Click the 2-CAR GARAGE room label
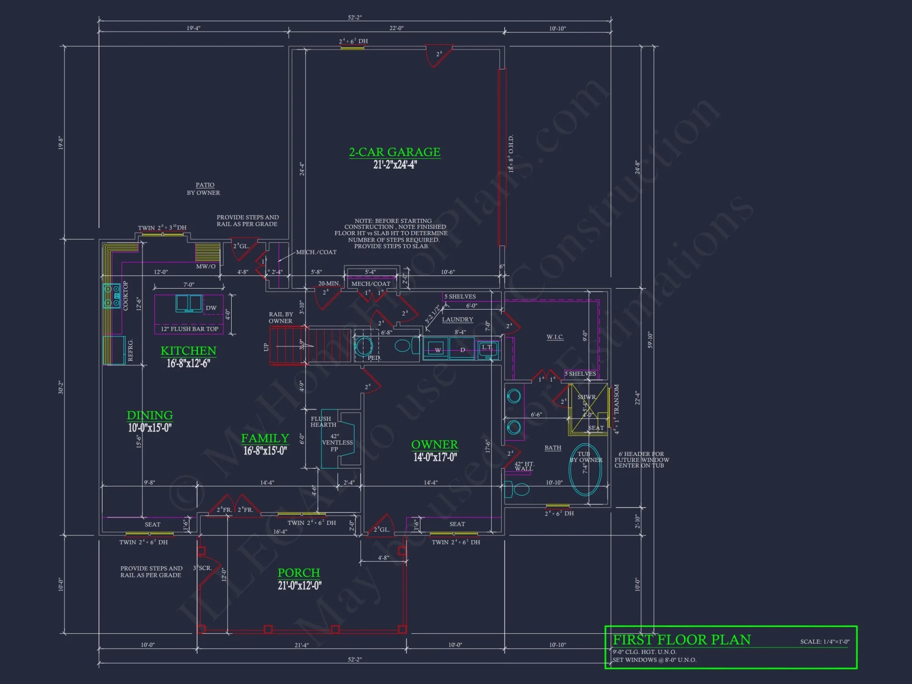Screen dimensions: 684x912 394,152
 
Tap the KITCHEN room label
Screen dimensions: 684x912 188,351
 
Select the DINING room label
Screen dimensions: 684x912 150,415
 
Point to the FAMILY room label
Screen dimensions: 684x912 265,438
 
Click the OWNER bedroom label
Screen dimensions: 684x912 434,445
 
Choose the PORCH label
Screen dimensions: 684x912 299,573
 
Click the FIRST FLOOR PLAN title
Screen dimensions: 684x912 681,640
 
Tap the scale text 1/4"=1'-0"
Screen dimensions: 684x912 824,642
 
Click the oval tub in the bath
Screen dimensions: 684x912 586,470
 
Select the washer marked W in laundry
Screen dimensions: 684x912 438,350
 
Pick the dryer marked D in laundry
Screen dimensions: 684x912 462,350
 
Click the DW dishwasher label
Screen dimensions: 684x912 211,308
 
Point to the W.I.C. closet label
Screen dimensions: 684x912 555,337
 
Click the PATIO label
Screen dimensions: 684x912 205,185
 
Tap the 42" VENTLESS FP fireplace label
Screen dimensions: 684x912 337,442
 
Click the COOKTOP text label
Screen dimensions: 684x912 126,295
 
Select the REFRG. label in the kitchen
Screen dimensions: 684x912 130,350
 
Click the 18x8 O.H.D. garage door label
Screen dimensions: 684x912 511,154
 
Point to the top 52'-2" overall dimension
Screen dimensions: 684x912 354,17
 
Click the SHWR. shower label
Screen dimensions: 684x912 586,397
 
